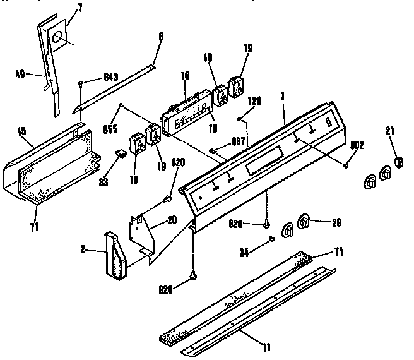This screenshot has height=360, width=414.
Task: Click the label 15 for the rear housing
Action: pyautogui.click(x=21, y=131)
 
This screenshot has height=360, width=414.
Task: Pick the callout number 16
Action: pyautogui.click(x=186, y=75)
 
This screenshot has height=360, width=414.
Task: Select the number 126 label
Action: pyautogui.click(x=254, y=100)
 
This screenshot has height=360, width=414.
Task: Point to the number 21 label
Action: pyautogui.click(x=390, y=131)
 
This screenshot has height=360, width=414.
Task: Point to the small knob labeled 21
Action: pyautogui.click(x=397, y=162)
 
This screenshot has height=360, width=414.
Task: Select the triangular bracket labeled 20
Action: pyautogui.click(x=145, y=237)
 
